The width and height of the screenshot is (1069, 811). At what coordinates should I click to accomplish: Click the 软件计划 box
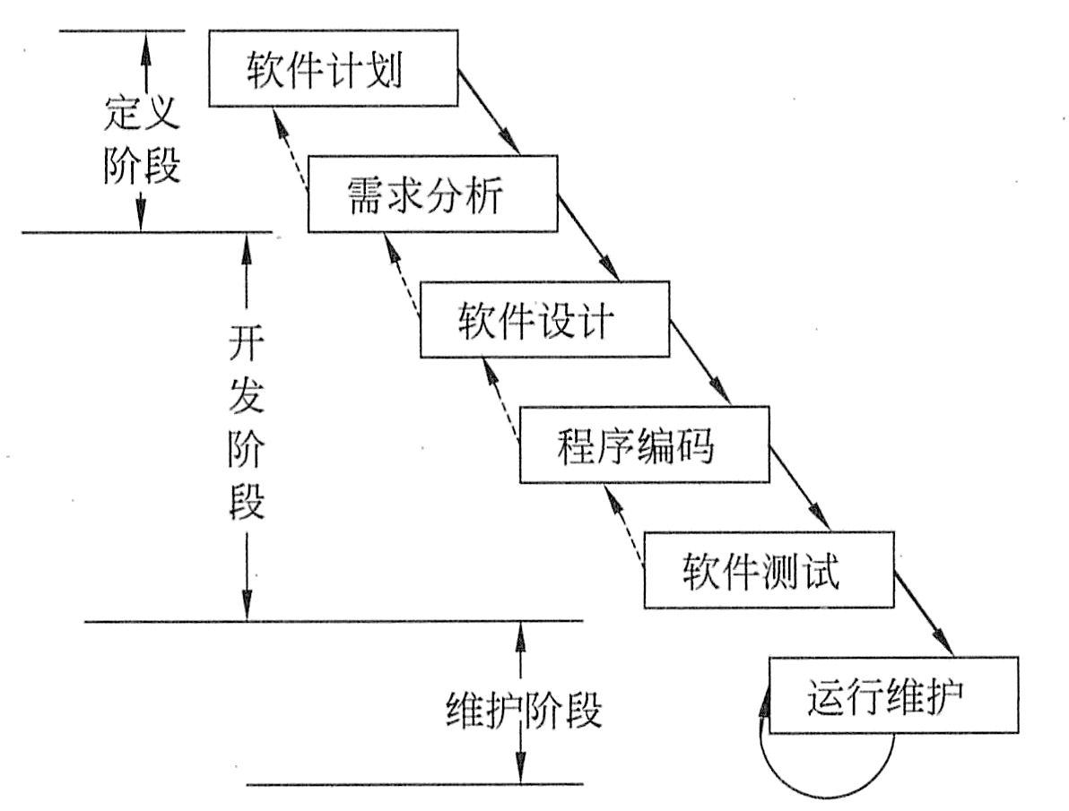point(332,69)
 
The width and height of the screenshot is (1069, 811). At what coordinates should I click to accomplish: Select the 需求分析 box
point(430,195)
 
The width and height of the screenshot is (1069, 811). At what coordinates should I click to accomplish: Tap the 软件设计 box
point(544,320)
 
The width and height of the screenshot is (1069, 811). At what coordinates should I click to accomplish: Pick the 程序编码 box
point(644,445)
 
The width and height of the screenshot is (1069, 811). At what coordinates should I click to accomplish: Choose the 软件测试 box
point(768,570)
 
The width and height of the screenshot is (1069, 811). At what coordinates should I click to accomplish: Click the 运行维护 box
point(892,695)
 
